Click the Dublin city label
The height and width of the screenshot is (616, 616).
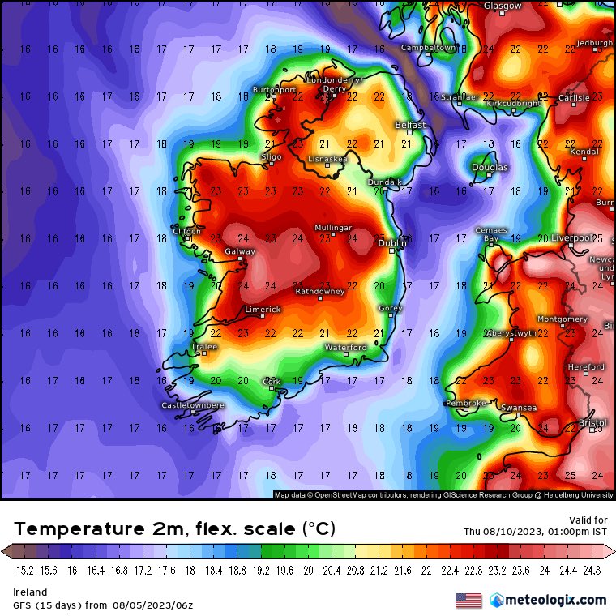[x=392, y=242]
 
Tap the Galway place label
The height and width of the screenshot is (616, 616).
[x=239, y=252]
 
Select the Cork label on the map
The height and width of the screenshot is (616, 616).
[x=272, y=381]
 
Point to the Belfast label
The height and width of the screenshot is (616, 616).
[x=409, y=125]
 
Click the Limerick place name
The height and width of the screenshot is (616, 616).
[x=263, y=310]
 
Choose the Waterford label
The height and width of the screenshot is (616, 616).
[x=346, y=347]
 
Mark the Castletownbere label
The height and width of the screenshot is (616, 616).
[x=193, y=404]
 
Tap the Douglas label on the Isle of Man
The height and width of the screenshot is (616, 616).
[x=490, y=168]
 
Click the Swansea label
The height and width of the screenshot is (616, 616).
[x=519, y=408]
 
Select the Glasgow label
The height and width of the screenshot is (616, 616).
[x=503, y=6]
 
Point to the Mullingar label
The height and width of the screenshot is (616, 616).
[x=333, y=228]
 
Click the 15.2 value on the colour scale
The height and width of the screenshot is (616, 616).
[x=24, y=571]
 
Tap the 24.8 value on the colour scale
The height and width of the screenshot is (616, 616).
[x=592, y=571]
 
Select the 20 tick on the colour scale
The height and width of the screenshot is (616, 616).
[x=308, y=571]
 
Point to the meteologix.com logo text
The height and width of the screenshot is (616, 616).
[x=555, y=600]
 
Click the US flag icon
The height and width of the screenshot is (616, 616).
[x=468, y=601]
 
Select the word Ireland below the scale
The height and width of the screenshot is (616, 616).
[x=30, y=592]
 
